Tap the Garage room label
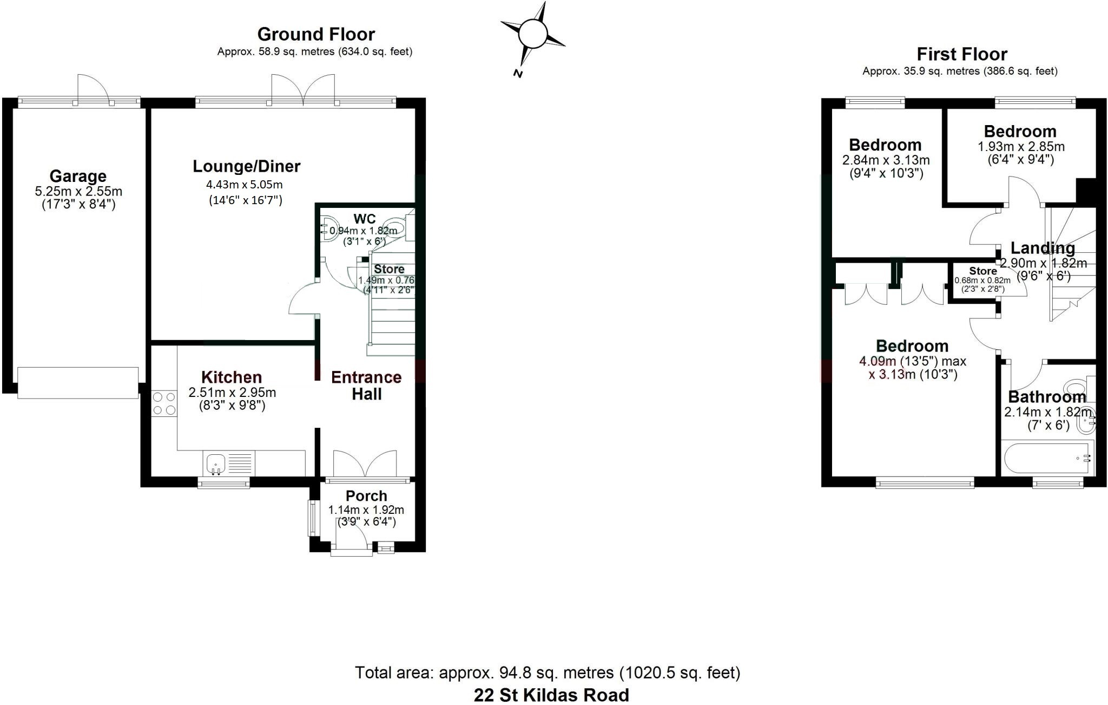tap(78, 176)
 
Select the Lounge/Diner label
tap(247, 166)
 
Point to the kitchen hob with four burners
tap(164, 403)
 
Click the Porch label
tap(366, 495)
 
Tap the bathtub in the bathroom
tap(1046, 458)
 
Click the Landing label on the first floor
tap(1043, 248)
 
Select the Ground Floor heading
tap(316, 34)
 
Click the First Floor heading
tap(962, 54)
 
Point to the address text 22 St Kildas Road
tap(551, 695)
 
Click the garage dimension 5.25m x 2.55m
tap(78, 191)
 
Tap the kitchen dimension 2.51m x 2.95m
tap(232, 392)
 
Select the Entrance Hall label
tap(366, 386)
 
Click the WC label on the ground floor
tap(365, 219)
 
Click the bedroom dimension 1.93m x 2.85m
tap(1021, 147)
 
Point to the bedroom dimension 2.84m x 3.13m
tap(886, 160)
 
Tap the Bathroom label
tap(1047, 397)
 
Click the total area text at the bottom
tap(548, 673)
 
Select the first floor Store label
tap(983, 271)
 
